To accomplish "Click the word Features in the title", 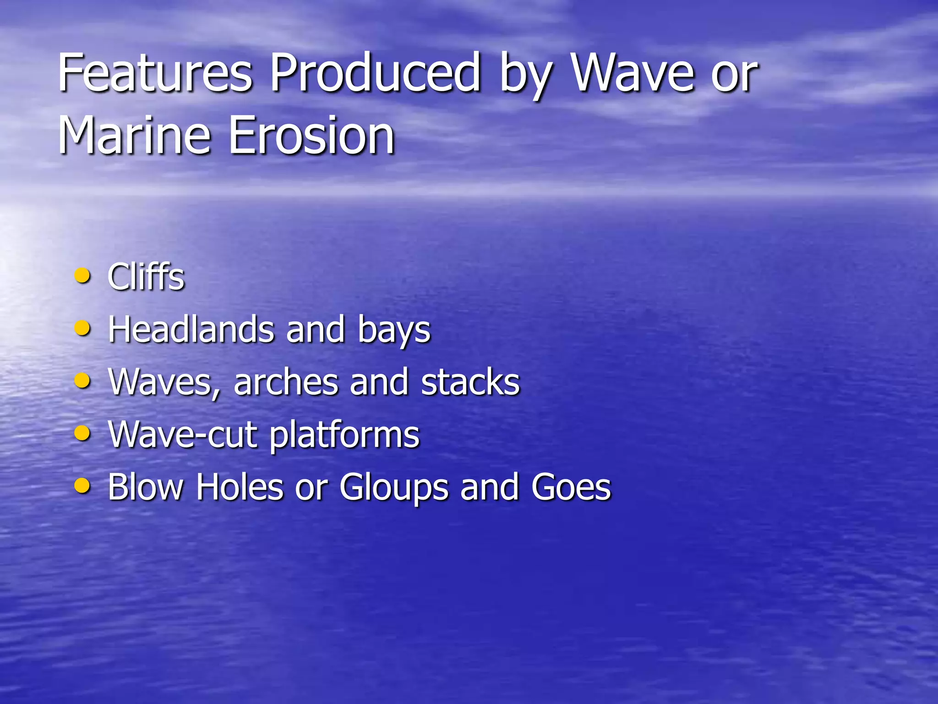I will point(155,73).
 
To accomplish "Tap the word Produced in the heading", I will point(374,73).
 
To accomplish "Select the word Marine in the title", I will point(134,136).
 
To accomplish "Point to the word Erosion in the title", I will point(311,136).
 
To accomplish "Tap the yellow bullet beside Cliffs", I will point(82,276).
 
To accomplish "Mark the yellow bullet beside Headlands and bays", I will point(82,328).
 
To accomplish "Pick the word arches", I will point(285,382).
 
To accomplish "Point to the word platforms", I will point(344,435).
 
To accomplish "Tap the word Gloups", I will point(394,488).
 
